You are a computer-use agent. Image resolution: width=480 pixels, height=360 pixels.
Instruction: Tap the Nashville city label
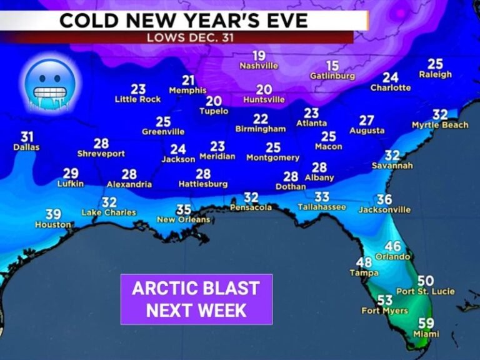tap(259, 66)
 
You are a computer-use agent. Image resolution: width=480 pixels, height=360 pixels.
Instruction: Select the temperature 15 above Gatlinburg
tap(332, 66)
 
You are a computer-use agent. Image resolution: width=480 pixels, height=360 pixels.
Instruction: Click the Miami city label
tap(426, 334)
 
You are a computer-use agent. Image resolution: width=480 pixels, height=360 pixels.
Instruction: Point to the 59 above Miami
tap(426, 323)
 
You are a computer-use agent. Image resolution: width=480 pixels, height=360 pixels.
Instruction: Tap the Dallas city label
tap(26, 147)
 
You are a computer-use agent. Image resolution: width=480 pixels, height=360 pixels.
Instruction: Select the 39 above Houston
tap(53, 214)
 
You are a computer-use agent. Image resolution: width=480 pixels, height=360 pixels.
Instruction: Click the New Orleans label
tap(183, 219)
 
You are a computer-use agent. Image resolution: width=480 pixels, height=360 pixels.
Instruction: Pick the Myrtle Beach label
tap(440, 125)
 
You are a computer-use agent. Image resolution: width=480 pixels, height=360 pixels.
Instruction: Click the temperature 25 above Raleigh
tap(435, 64)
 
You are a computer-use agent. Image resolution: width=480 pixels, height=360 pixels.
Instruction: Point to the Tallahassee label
tap(322, 207)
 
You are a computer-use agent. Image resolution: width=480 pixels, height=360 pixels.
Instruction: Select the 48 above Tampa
tap(363, 262)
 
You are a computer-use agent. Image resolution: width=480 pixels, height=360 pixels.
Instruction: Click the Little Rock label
tap(137, 99)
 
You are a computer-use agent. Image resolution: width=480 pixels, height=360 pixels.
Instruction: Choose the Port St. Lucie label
tap(425, 291)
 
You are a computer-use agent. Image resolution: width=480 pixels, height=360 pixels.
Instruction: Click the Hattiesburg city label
tap(203, 184)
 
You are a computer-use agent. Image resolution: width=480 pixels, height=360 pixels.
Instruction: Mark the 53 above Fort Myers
tap(384, 301)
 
